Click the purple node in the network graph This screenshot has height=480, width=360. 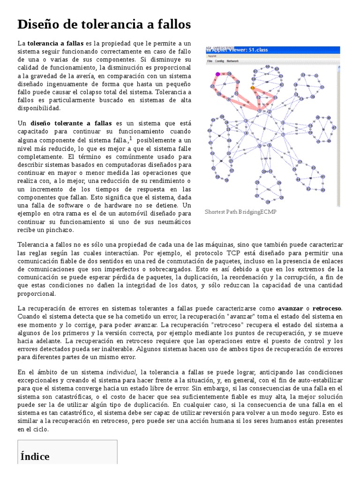[217, 74]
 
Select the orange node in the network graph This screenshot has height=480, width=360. [252, 88]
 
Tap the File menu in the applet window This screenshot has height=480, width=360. [210, 61]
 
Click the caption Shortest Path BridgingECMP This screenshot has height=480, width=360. [240, 212]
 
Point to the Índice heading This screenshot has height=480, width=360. [35, 456]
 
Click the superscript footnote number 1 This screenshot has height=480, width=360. [130, 138]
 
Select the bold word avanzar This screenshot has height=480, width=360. [290, 308]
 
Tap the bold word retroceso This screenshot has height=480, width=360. [327, 308]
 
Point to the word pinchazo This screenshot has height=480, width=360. [59, 230]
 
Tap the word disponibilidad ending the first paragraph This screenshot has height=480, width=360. [39, 108]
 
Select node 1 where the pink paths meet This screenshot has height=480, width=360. [270, 111]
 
